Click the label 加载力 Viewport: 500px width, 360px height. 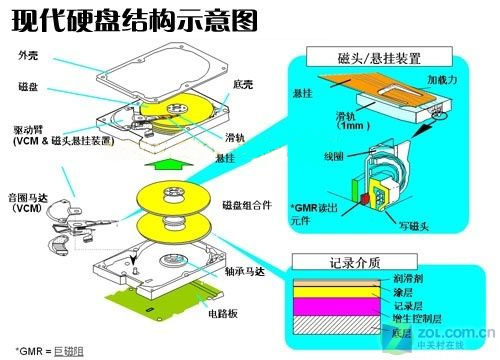[x=443, y=77]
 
